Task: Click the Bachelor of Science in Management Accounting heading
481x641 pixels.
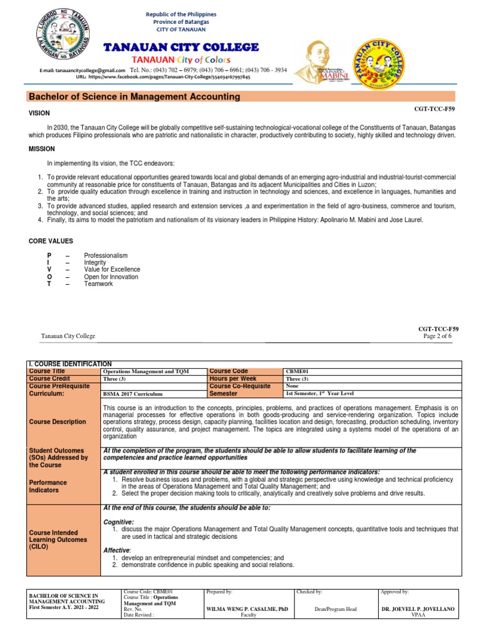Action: pos(135,96)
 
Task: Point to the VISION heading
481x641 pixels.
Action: pos(39,113)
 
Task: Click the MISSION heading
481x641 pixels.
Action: pos(41,149)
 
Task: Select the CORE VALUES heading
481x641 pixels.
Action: pos(51,241)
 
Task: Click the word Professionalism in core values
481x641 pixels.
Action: pos(106,255)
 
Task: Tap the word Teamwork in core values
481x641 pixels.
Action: pos(98,284)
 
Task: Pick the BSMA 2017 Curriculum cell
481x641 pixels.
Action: pos(132,394)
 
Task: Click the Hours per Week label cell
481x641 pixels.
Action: pos(234,379)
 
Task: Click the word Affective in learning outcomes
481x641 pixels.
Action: pos(117,550)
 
